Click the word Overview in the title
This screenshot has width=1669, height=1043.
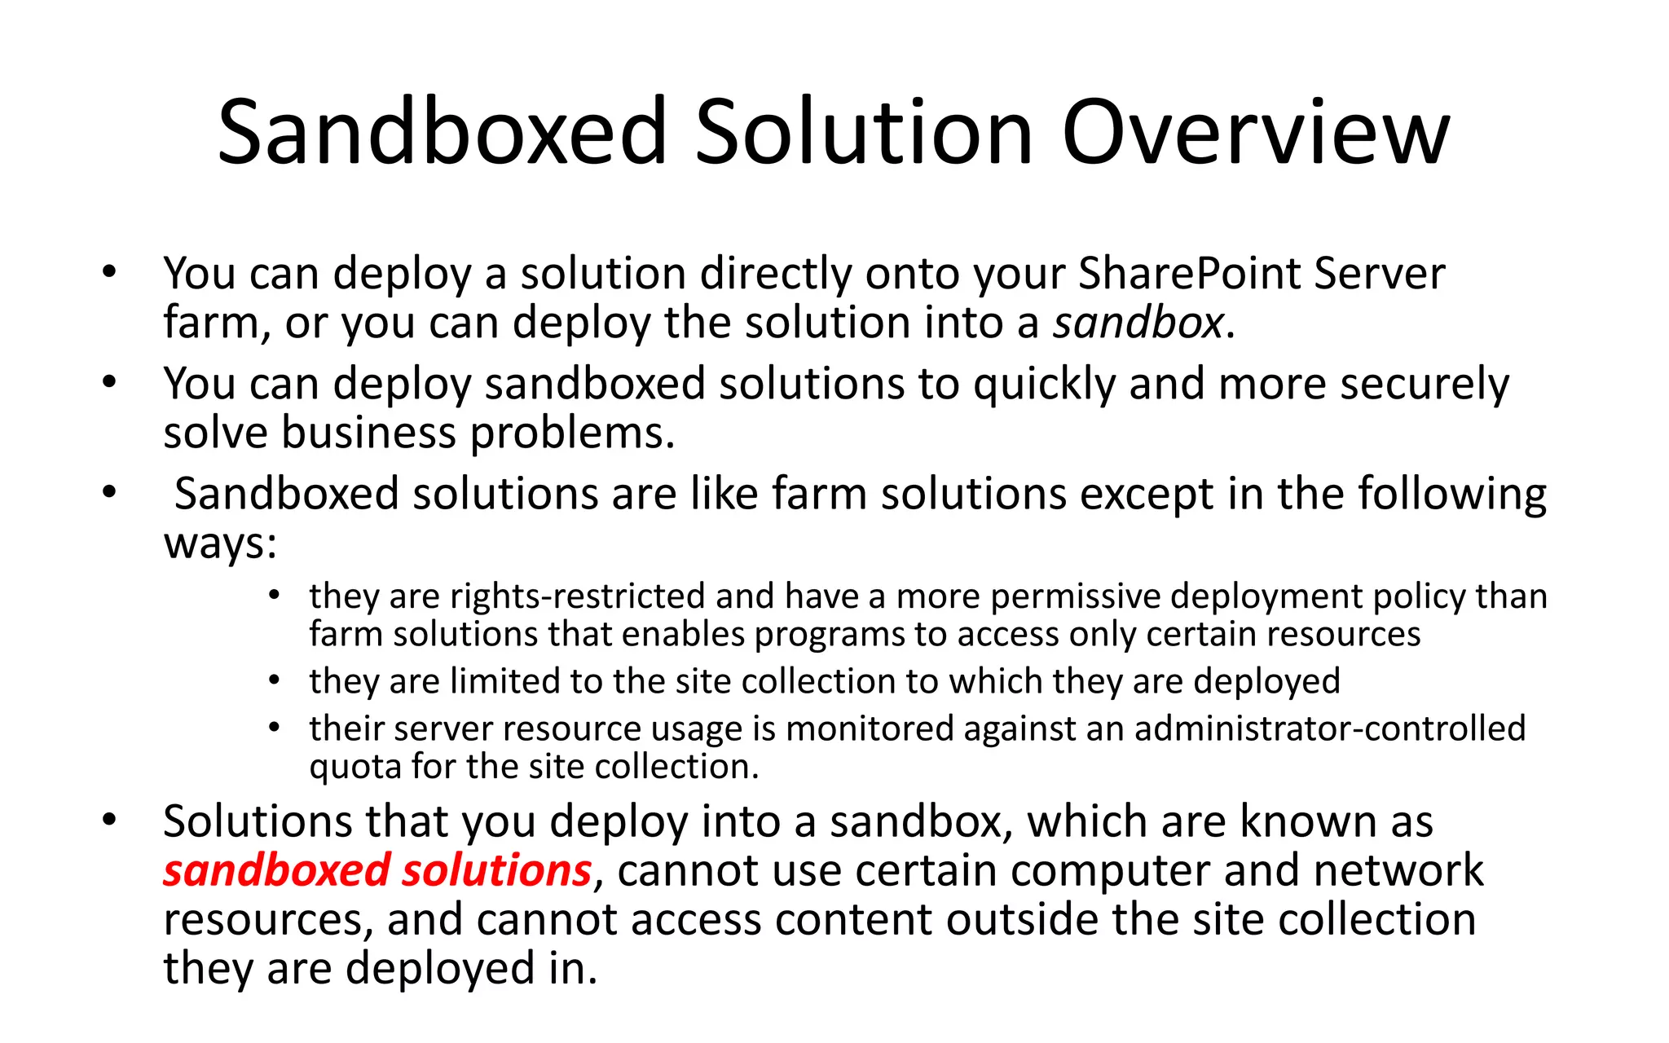point(1255,132)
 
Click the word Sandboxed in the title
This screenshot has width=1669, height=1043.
point(442,132)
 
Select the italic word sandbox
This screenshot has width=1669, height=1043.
point(1138,323)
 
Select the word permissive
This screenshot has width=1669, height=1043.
point(1075,596)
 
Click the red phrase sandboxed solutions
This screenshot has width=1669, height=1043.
point(377,870)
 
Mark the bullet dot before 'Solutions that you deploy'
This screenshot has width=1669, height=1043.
point(109,820)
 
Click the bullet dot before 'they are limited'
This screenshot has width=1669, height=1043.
point(275,680)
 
